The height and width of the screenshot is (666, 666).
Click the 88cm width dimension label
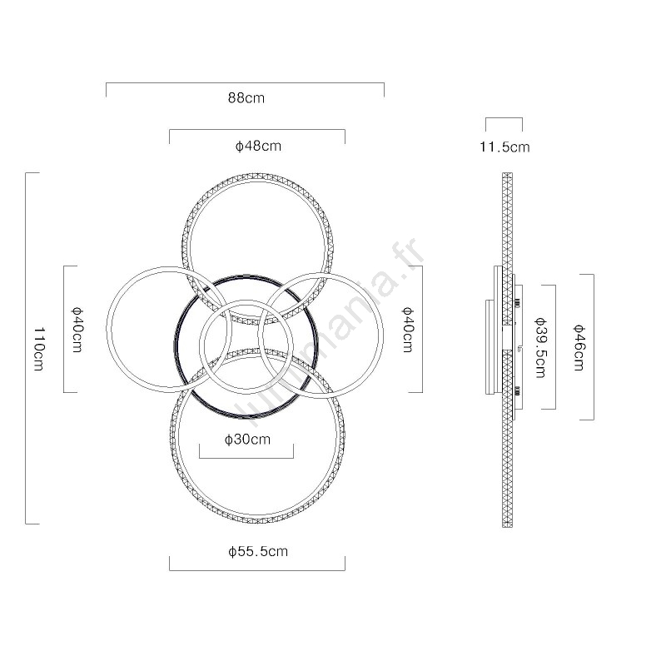pyautogui.click(x=246, y=97)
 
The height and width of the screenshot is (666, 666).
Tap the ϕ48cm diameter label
pyautogui.click(x=258, y=146)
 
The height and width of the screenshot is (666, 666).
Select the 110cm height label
pyautogui.click(x=39, y=349)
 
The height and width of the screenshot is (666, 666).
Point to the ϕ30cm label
pyautogui.click(x=247, y=440)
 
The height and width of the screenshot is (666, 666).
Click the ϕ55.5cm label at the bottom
pyautogui.click(x=258, y=551)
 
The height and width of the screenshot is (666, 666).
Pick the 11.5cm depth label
pyautogui.click(x=504, y=147)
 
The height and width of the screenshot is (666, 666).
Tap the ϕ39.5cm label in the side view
pyautogui.click(x=540, y=347)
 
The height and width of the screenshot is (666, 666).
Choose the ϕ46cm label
pyautogui.click(x=579, y=347)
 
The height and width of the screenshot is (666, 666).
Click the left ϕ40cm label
pyautogui.click(x=77, y=330)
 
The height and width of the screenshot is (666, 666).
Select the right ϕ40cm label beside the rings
pyautogui.click(x=408, y=330)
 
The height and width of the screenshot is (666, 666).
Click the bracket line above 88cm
pyautogui.click(x=245, y=82)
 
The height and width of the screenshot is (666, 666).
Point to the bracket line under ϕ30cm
pyautogui.click(x=246, y=459)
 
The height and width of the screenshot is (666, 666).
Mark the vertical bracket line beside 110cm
pyautogui.click(x=26, y=348)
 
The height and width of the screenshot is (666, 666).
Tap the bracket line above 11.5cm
pyautogui.click(x=504, y=118)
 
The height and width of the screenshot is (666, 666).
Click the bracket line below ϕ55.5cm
pyautogui.click(x=257, y=570)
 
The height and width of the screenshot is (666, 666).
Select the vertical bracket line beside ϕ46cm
pyautogui.click(x=594, y=347)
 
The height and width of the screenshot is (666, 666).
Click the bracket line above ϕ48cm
pyautogui.click(x=257, y=130)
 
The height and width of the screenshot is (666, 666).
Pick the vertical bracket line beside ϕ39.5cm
pyautogui.click(x=555, y=347)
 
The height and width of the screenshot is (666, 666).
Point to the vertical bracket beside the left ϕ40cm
pyautogui.click(x=64, y=329)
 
